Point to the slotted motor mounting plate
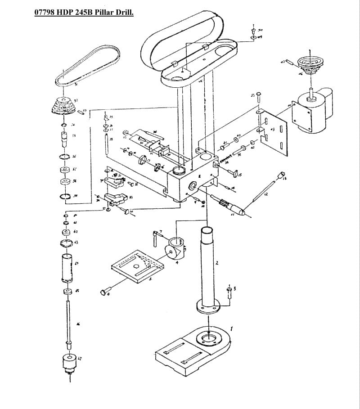(272, 130)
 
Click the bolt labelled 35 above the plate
(258, 98)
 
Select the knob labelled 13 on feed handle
(283, 174)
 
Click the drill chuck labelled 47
(69, 362)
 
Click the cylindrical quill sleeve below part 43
(67, 268)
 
